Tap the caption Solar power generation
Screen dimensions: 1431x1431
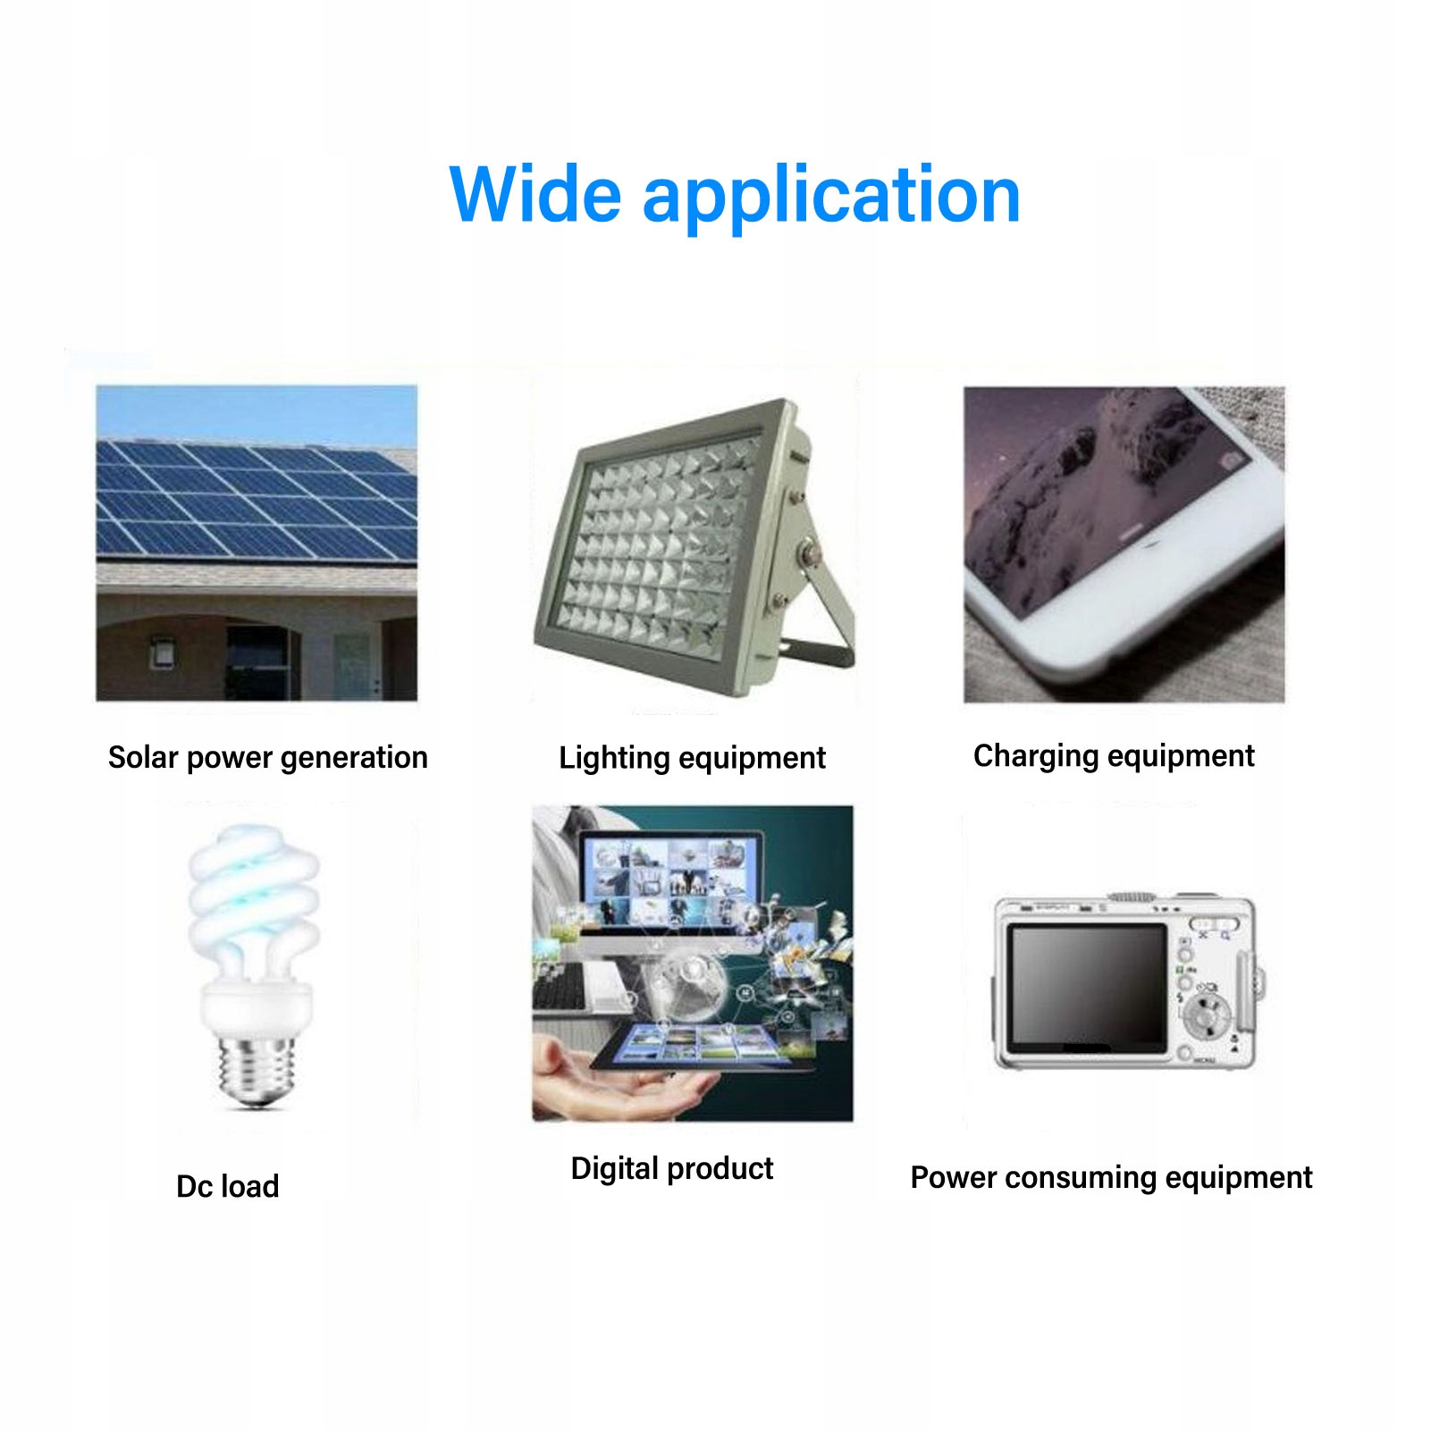coord(268,758)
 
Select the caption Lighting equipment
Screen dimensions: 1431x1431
coord(692,758)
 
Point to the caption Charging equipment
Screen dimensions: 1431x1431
coord(1114,756)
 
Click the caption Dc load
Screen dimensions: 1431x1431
coord(228,1186)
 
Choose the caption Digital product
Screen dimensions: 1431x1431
coord(672,1169)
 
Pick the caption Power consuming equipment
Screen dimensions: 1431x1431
coord(1111,1178)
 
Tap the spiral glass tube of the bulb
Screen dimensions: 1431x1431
coord(253,903)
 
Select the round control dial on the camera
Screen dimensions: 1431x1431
coord(1206,1016)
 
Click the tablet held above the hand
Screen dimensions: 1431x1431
coord(703,1047)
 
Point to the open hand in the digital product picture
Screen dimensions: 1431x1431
coord(617,1082)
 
